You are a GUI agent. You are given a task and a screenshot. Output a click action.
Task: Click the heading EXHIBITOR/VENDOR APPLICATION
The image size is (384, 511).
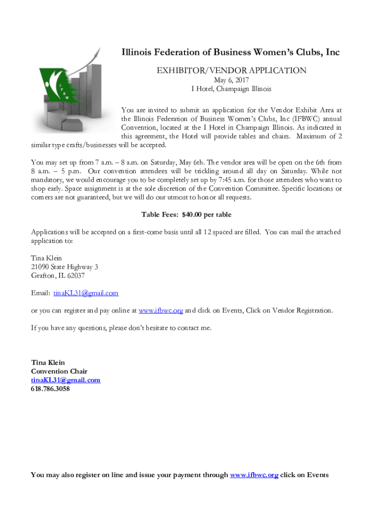click(x=231, y=70)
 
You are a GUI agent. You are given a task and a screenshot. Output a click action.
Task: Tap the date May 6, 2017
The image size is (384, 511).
click(x=231, y=80)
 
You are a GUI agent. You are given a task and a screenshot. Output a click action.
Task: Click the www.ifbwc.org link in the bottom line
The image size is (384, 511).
click(x=254, y=475)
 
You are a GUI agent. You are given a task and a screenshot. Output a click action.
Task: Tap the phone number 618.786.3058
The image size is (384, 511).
click(x=50, y=389)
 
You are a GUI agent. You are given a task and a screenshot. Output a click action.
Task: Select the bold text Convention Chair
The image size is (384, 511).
click(x=59, y=371)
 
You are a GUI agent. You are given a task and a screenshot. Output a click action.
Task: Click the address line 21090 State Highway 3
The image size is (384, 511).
click(x=64, y=267)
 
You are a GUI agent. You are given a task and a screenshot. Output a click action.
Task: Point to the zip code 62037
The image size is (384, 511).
click(x=74, y=275)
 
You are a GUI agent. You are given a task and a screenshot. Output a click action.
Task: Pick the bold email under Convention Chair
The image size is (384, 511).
click(x=66, y=380)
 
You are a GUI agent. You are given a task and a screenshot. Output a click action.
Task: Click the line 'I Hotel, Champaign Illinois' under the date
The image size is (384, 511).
click(x=231, y=89)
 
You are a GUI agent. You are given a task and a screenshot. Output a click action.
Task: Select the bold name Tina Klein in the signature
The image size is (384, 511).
click(x=48, y=362)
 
